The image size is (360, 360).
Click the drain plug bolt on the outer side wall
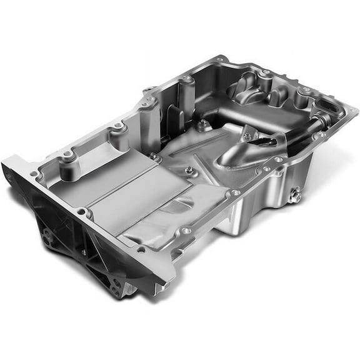coord(297,197)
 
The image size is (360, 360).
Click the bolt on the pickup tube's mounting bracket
coord(249,132)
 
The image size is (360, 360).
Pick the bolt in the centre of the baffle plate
coord(189,170)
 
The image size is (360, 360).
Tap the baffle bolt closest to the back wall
coord(202,125)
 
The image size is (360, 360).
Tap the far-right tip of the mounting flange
coord(357,112)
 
